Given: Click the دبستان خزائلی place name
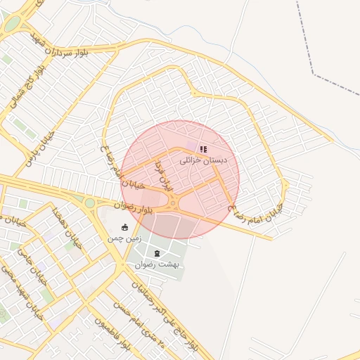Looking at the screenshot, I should click(x=205, y=160).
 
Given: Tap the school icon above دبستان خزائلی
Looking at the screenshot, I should click(x=203, y=150).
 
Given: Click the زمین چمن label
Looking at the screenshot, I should click(x=124, y=238).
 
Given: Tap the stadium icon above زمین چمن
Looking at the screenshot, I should click(x=125, y=227).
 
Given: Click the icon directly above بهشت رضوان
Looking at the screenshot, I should click(x=157, y=252).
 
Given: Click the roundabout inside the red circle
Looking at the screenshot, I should click(x=173, y=205).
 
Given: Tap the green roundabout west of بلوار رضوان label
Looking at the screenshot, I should click(x=89, y=203).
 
